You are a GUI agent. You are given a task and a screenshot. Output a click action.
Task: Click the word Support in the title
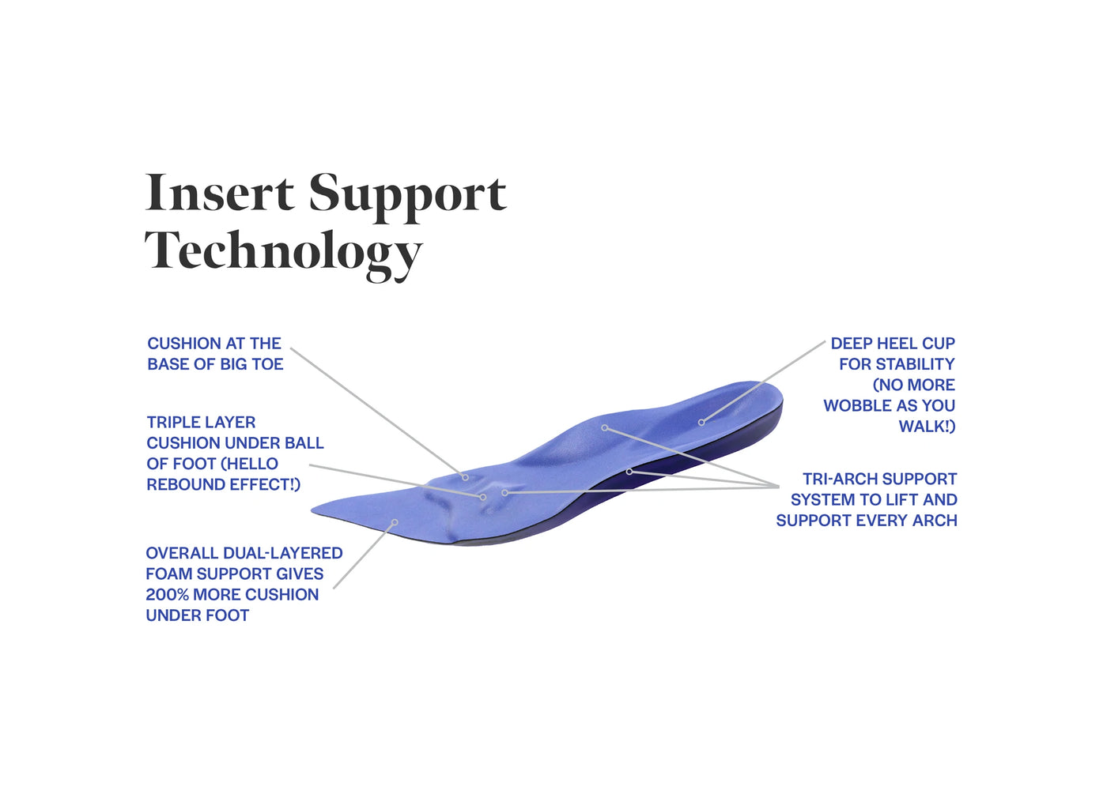point(408,197)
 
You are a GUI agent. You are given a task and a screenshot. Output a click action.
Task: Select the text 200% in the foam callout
point(167,594)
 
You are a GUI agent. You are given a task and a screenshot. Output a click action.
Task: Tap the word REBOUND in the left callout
point(180,484)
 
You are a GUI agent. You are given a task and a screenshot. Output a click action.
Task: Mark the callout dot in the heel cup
point(701,422)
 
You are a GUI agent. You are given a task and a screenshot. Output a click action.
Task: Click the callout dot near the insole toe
point(395,522)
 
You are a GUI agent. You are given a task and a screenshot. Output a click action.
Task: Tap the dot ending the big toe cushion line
point(465,477)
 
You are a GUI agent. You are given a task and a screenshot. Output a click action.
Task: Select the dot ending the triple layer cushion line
point(483,497)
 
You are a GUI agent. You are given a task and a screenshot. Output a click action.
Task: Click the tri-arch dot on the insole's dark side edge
point(629,472)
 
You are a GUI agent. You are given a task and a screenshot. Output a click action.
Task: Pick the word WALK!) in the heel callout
point(927,426)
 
